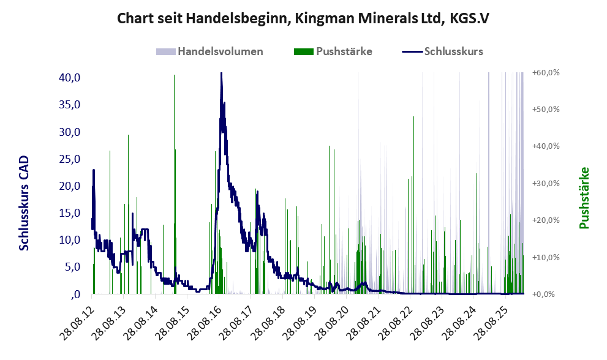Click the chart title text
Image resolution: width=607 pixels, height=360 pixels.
[x=303, y=18]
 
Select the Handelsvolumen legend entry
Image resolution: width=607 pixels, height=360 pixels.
[x=209, y=51]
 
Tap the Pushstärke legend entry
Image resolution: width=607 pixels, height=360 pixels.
[x=333, y=51]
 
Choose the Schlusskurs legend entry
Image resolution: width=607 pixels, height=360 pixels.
[x=442, y=51]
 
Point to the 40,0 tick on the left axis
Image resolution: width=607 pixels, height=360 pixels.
[x=69, y=77]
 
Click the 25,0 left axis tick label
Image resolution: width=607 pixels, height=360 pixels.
[x=69, y=159]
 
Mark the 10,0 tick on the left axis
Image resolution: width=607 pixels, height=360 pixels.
[x=69, y=239]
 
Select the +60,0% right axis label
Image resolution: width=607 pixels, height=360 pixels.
[x=546, y=72]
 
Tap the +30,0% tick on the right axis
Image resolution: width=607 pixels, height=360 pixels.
[x=546, y=183]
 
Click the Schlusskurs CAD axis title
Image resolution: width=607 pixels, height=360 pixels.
[x=24, y=203]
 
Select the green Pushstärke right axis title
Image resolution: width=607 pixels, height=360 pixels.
[x=584, y=198]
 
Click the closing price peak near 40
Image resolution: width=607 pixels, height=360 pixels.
[x=221, y=73]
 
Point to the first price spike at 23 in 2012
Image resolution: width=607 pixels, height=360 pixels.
[x=94, y=170]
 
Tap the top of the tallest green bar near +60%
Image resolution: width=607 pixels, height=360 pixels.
[x=174, y=75]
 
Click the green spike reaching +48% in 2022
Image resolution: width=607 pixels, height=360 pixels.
[x=413, y=117]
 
